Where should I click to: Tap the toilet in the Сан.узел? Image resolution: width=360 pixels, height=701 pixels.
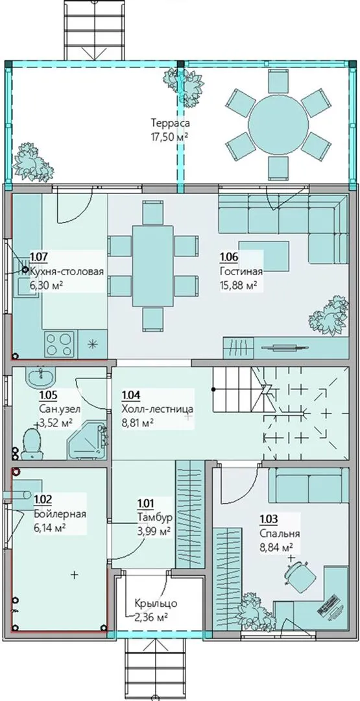(x=32, y=444)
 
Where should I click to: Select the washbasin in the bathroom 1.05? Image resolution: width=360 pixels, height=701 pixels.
(x=41, y=377)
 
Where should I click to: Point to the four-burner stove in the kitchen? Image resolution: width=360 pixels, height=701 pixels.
(x=58, y=344)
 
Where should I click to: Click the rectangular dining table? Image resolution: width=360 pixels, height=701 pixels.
(x=152, y=265)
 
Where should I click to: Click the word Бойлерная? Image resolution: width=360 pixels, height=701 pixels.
(x=60, y=514)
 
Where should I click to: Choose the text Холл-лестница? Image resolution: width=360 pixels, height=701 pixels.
(x=157, y=409)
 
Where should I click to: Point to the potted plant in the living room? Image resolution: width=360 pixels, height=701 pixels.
(x=330, y=316)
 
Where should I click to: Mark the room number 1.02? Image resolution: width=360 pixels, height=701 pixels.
(x=42, y=497)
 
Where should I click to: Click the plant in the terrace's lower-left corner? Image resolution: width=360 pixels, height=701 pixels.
(x=32, y=162)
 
